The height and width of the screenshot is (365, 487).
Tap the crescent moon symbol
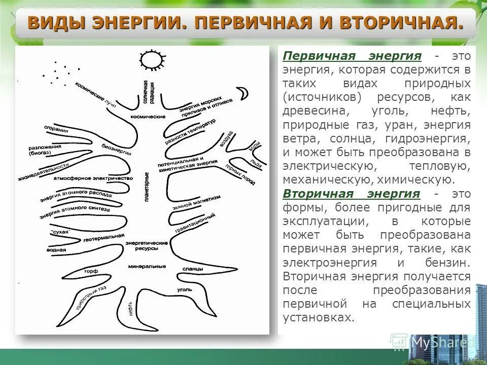[244, 93]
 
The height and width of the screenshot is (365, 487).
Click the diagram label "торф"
[91, 271]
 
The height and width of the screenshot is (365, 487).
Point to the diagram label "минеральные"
[147, 266]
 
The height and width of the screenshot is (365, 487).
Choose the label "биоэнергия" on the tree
[117, 149]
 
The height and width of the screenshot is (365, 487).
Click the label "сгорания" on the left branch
[56, 129]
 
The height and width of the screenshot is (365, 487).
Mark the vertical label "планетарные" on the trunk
[147, 188]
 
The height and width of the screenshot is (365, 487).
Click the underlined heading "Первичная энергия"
[352, 55]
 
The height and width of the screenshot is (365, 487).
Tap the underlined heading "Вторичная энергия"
[352, 194]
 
